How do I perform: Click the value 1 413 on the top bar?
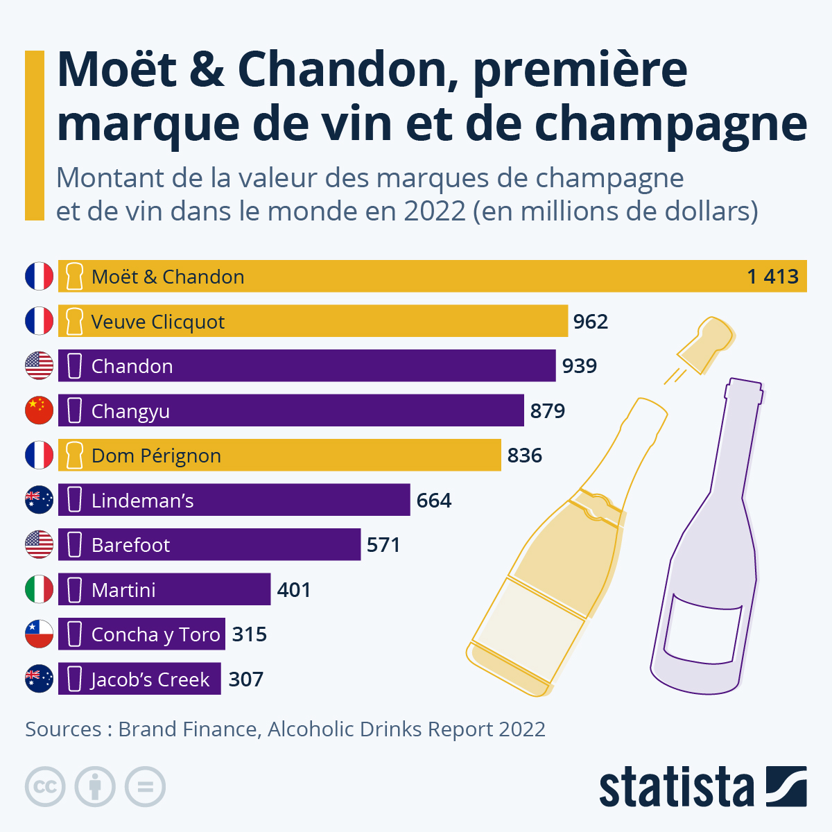[772, 277]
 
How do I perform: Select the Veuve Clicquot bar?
[312, 322]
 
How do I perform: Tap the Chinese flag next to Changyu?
[39, 410]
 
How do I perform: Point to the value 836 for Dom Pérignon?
[524, 456]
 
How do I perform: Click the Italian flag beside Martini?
[39, 589]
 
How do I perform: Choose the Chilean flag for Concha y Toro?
[39, 634]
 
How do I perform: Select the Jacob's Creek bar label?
[150, 679]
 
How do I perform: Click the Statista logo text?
[676, 788]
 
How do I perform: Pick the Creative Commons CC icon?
[45, 787]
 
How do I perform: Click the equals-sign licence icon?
[145, 787]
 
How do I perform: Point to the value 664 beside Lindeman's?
[434, 501]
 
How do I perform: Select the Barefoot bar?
[208, 545]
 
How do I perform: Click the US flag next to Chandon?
[39, 365]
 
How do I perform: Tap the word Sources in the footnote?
[63, 729]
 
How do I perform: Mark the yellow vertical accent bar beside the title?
[34, 135]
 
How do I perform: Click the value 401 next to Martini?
[293, 590]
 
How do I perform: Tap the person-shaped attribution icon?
[95, 787]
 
